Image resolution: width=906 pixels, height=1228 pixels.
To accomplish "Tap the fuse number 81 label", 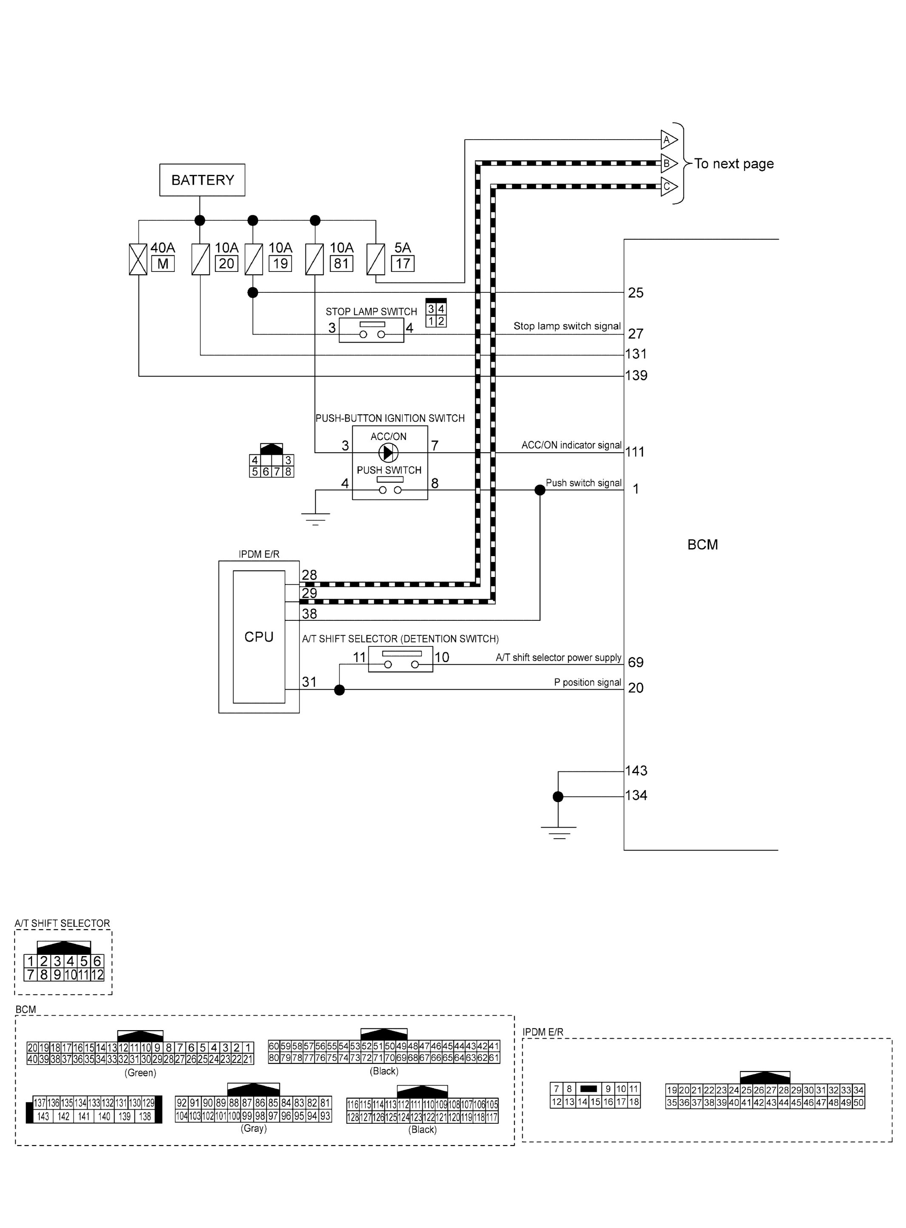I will coord(341,264).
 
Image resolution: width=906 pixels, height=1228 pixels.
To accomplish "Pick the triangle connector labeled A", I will coord(668,140).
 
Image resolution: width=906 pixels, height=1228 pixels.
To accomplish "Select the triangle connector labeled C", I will coord(668,186).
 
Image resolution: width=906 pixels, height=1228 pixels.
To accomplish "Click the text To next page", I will coord(734,163).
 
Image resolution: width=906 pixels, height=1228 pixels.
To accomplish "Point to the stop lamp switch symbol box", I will coord(371,330).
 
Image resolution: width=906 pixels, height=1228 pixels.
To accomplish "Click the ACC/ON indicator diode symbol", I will coord(389,452).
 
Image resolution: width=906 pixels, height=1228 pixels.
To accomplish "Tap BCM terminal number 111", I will coord(635,452).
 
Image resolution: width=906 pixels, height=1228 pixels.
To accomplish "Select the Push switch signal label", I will coord(584,483).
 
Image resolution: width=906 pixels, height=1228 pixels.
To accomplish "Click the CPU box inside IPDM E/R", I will coord(259,636).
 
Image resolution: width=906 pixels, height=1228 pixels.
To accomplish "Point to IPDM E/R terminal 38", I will coord(309,614).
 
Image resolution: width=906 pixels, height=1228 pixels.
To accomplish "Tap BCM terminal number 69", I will coord(635,662).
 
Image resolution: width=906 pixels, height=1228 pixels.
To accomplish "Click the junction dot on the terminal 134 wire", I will coord(558,797).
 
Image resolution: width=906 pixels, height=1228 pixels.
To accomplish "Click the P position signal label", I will coord(587,682).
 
